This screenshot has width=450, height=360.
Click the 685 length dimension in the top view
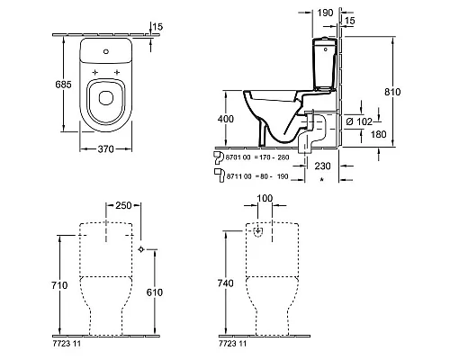coord(63,85)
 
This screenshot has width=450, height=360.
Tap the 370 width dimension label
coord(106,148)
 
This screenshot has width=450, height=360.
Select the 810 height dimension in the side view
coord(392,92)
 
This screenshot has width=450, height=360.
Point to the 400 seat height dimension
coord(226,119)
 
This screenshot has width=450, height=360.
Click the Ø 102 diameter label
coord(359,121)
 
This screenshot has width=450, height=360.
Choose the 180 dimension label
coord(378,134)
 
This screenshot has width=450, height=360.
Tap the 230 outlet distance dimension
coord(322,166)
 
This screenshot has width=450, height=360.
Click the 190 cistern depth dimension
coord(325,13)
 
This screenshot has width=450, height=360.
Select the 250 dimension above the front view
coord(123,205)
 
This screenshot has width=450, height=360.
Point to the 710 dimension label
coord(59,285)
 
